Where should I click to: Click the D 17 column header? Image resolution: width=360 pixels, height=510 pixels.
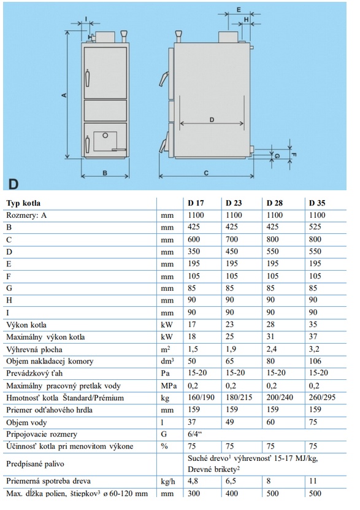[196, 203]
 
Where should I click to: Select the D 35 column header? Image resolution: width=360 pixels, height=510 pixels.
[317, 203]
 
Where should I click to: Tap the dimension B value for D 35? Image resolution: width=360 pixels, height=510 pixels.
[315, 226]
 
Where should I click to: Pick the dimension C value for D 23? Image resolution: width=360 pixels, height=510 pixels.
[232, 239]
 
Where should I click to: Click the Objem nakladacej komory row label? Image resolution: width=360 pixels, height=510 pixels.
[50, 361]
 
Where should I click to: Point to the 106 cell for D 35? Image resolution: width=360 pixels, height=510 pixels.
[315, 361]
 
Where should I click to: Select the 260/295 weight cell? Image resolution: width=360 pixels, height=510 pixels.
[322, 398]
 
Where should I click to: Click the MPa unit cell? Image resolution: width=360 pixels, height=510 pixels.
[169, 386]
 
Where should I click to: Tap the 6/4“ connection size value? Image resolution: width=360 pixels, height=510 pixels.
[195, 435]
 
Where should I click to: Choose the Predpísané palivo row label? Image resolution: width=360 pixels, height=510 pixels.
[35, 464]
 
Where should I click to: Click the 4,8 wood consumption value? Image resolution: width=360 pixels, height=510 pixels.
[193, 481]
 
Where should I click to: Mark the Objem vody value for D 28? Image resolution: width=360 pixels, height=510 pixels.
[270, 422]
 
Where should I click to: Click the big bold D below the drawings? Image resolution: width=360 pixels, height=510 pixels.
[13, 184]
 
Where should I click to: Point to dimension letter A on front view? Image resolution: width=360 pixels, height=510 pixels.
[64, 95]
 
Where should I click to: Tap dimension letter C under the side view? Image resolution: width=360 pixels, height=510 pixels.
[206, 172]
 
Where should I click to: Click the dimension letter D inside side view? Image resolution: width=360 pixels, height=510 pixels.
[212, 120]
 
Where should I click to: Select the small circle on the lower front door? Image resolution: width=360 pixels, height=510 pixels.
[105, 135]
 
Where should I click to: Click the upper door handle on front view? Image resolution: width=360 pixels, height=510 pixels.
[87, 78]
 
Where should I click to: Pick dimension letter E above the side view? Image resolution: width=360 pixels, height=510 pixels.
[239, 10]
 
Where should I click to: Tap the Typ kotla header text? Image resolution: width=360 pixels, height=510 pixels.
[23, 203]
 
